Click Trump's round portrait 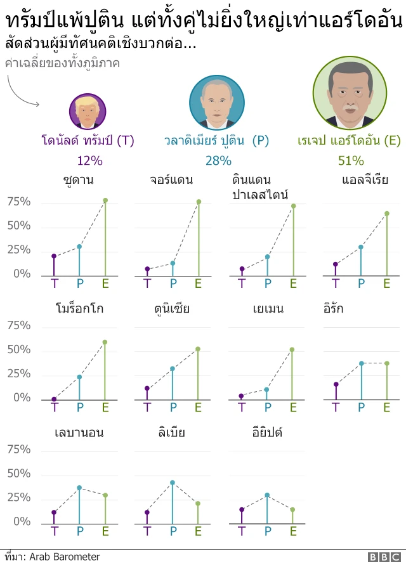(88, 112)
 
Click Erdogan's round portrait (350, 92)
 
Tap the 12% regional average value (89, 160)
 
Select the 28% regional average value (218, 160)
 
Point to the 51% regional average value (350, 160)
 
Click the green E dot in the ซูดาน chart (105, 200)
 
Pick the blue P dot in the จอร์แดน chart (173, 263)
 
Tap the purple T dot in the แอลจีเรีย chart (336, 264)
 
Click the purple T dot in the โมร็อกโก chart (54, 399)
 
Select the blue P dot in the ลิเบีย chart (173, 483)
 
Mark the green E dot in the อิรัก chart (386, 363)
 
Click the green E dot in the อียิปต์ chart (292, 509)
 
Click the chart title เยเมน (267, 309)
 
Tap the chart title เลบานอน (79, 433)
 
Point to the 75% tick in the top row (18, 202)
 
